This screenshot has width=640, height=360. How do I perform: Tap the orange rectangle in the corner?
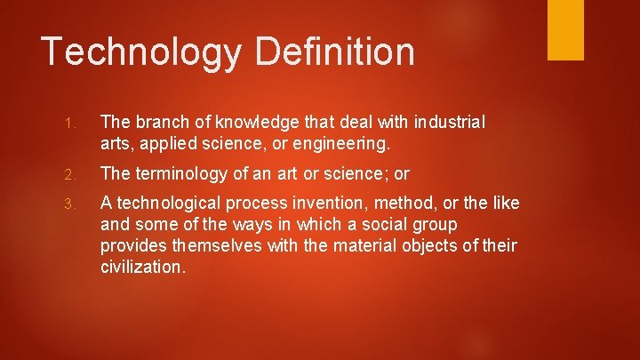point(565,29)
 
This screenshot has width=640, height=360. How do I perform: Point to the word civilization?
point(142,267)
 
